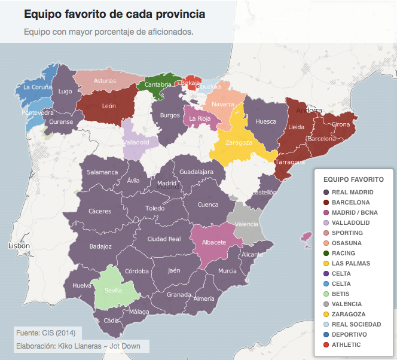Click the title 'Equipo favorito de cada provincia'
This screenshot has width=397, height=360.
(114, 13)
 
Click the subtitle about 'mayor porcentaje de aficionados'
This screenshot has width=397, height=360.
(109, 32)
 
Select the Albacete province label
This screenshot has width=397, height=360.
(214, 242)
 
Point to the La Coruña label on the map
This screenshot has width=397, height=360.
(37, 87)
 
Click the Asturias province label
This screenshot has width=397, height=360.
(105, 81)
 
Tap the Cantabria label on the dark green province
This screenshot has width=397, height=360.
(157, 85)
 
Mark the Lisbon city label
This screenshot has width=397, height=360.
(19, 246)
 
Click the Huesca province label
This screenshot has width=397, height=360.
(265, 121)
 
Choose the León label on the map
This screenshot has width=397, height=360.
(109, 106)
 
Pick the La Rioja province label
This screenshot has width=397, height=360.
(199, 118)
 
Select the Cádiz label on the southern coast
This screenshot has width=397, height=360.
(111, 321)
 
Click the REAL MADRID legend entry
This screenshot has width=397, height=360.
(352, 192)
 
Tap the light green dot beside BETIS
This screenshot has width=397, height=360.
(326, 294)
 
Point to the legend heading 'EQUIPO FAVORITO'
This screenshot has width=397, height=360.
(353, 179)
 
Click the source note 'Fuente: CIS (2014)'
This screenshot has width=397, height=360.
(45, 332)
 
